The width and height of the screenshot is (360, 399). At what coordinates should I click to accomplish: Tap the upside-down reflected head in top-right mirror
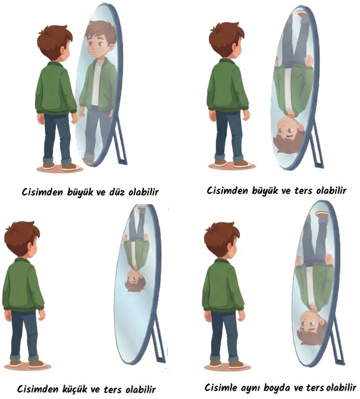pos(289,134)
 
